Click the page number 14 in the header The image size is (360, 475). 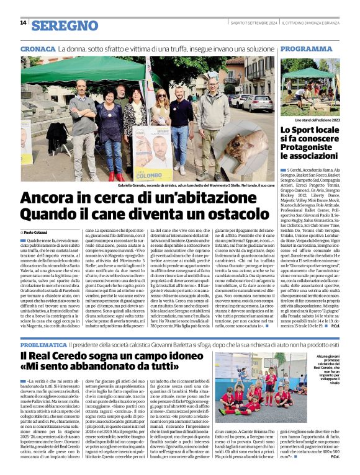[23, 22]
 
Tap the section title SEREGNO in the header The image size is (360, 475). [65, 25]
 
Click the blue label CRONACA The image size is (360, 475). [38, 48]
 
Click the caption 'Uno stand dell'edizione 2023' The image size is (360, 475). [317, 120]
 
